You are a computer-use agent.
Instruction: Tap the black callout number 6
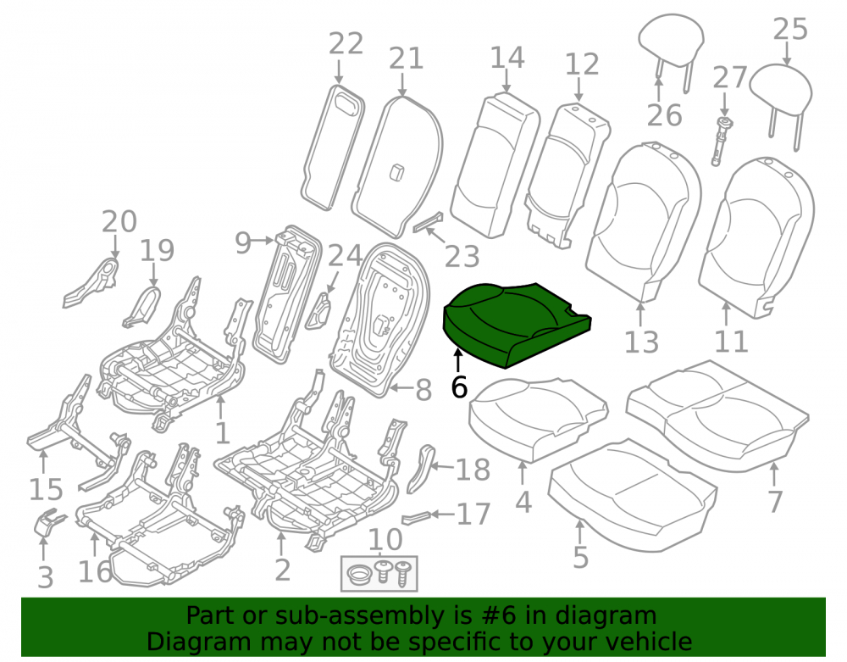(x=458, y=387)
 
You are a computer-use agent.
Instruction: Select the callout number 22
(x=346, y=44)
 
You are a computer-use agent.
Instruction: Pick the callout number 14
(x=507, y=58)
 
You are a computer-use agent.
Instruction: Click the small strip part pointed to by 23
(x=429, y=221)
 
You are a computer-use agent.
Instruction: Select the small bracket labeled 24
(x=320, y=311)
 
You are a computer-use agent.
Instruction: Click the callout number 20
(x=119, y=221)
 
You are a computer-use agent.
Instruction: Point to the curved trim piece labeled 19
(x=142, y=306)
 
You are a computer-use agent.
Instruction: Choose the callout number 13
(x=641, y=342)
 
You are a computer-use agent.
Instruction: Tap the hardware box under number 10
(x=379, y=573)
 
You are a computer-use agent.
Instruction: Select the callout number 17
(x=473, y=514)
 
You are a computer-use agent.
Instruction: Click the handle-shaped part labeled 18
(x=421, y=468)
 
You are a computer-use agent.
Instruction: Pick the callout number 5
(x=581, y=557)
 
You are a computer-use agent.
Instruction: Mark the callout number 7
(x=775, y=502)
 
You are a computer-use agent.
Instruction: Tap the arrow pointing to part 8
(x=401, y=387)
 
